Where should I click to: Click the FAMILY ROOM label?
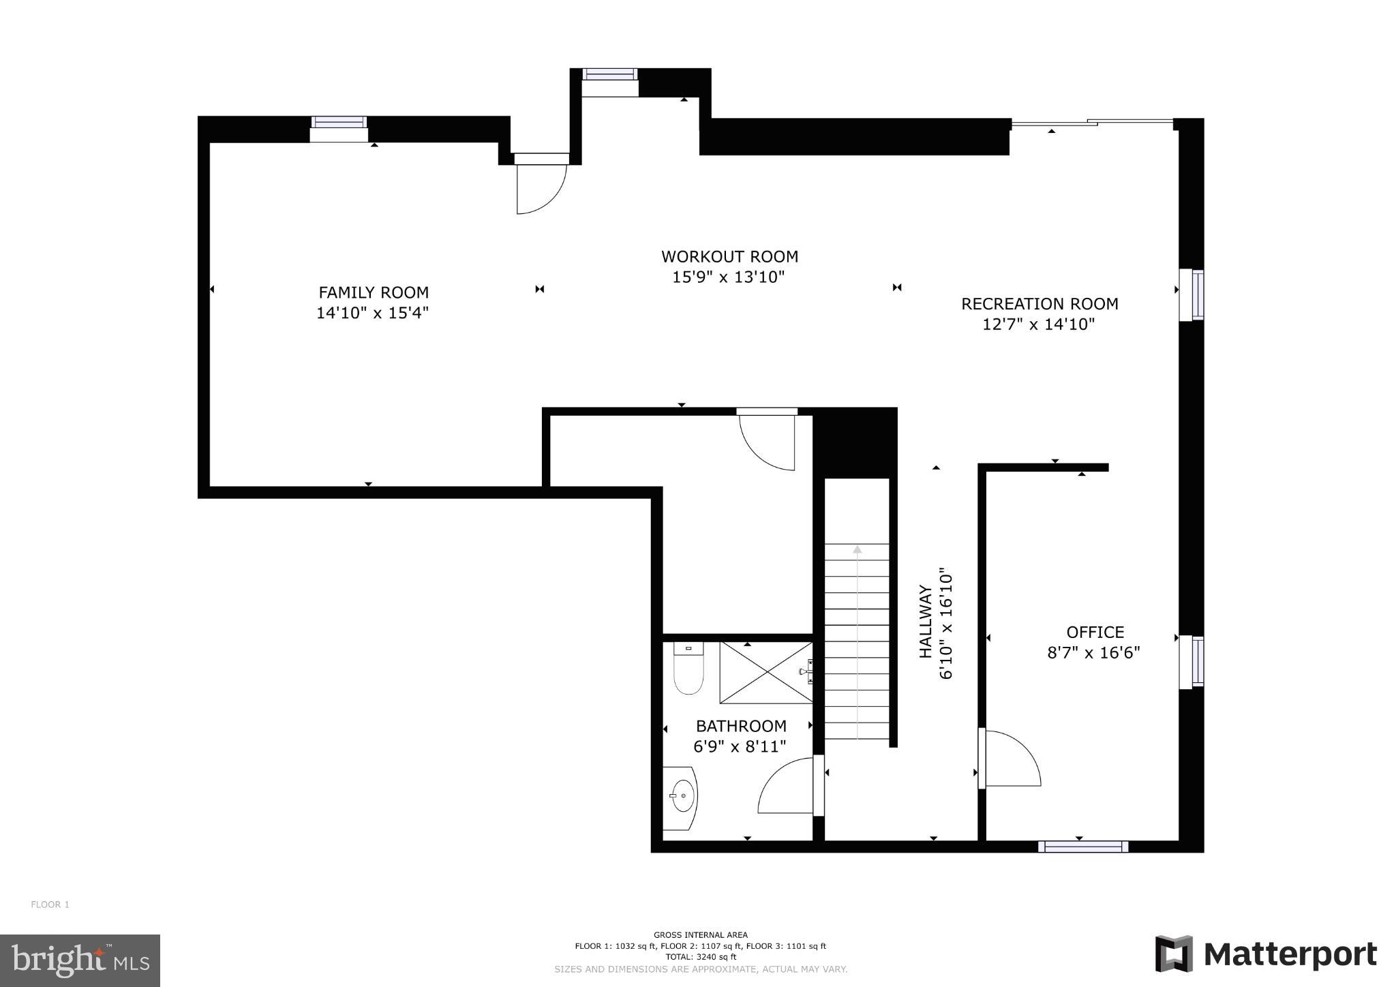[x=374, y=292]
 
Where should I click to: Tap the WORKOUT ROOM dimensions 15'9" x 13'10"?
[x=729, y=277]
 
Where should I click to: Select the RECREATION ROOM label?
[x=1040, y=303]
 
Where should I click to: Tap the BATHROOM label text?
[x=741, y=726]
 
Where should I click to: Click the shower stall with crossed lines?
[x=766, y=672]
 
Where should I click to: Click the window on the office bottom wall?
[x=1082, y=847]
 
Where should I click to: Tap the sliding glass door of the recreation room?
[x=1091, y=123]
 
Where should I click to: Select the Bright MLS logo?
[x=80, y=960]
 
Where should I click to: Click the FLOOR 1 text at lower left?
[x=50, y=905]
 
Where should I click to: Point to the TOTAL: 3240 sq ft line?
[x=700, y=956]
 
